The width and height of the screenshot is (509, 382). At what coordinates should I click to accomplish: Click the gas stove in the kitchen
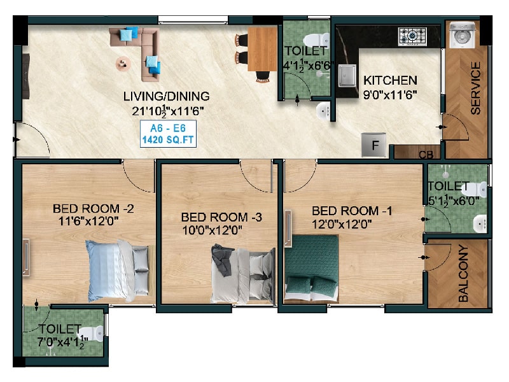[412, 36]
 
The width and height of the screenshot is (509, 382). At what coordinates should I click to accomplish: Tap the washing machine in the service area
[463, 35]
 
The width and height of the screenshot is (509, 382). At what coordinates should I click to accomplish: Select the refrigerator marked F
[374, 145]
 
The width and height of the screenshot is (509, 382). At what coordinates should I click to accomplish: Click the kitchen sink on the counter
[346, 76]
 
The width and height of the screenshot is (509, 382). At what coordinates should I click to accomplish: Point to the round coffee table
[123, 63]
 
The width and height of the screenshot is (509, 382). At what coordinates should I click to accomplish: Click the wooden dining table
[262, 49]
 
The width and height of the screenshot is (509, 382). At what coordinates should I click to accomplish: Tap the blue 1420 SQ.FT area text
[168, 140]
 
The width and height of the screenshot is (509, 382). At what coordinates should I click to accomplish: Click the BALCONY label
[463, 274]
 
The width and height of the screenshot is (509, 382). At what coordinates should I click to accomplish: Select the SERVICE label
[475, 88]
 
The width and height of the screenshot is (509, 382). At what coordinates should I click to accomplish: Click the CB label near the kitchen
[426, 155]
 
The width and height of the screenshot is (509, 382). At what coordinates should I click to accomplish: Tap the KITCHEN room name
[390, 80]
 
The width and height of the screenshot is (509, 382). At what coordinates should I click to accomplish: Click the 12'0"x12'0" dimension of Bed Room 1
[342, 224]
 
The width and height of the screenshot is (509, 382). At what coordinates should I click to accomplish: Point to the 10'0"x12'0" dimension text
[212, 230]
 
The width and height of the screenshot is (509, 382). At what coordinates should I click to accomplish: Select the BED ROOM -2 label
[93, 208]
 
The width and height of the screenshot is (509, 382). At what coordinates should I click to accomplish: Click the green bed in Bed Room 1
[312, 267]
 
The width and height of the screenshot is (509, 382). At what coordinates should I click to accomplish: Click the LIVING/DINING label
[167, 96]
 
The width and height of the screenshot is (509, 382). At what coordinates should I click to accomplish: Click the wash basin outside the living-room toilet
[323, 110]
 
